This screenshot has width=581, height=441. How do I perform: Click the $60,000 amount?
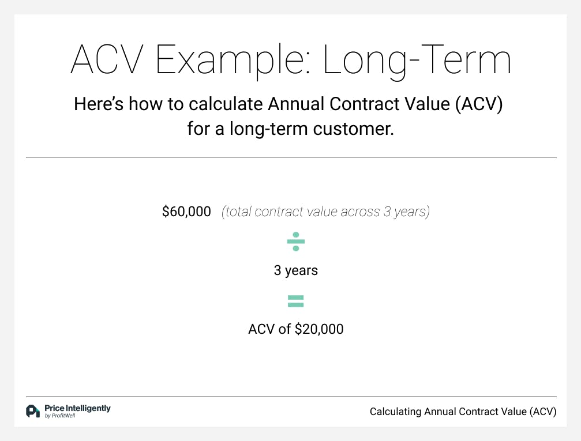click(x=186, y=212)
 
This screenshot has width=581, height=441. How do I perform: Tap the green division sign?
click(x=295, y=242)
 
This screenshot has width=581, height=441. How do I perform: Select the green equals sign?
click(x=295, y=301)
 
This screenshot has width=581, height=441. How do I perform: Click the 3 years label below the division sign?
click(x=295, y=270)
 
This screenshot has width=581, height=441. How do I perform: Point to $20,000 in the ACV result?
click(x=319, y=329)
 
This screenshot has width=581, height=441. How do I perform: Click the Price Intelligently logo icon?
click(x=33, y=411)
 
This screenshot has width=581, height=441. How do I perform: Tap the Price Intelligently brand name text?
click(x=77, y=408)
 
